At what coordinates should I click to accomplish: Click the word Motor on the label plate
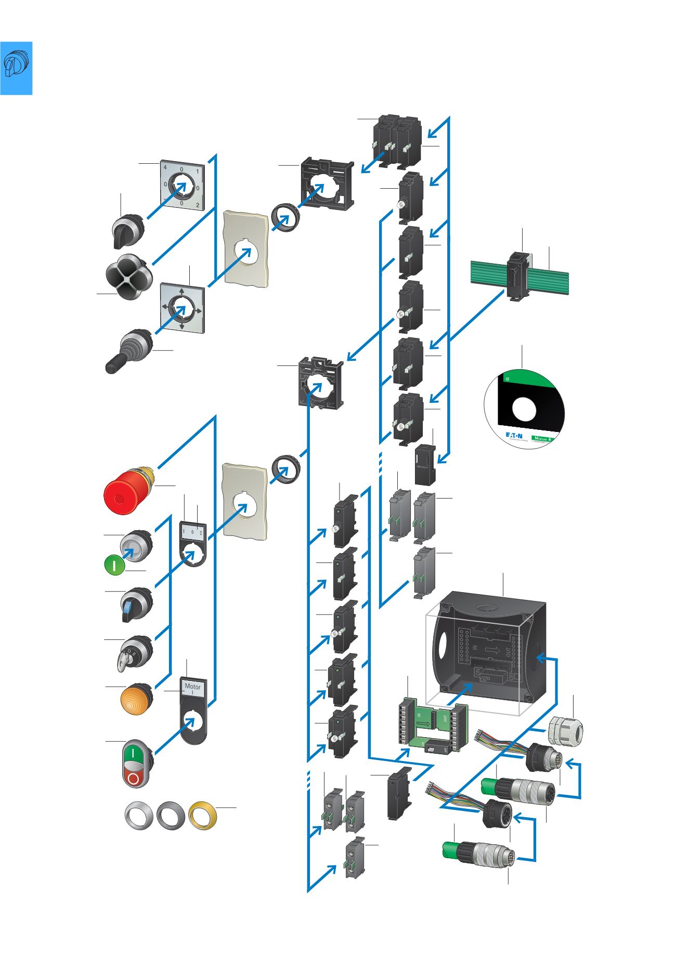click(x=192, y=687)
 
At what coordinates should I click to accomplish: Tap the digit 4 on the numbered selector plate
click(x=165, y=167)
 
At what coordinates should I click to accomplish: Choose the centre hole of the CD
click(x=524, y=410)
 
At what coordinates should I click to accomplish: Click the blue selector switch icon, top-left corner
click(x=16, y=68)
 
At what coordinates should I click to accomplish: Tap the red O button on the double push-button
click(x=134, y=778)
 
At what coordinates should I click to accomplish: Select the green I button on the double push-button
click(x=133, y=752)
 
